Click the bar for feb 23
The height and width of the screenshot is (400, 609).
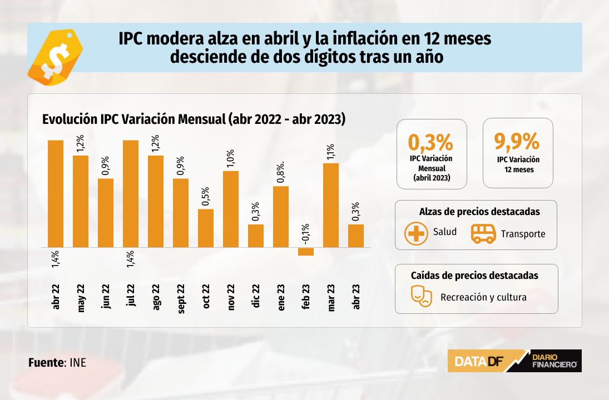[306, 252]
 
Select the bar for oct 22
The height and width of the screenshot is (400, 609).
[206, 228]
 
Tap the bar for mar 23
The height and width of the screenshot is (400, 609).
[331, 205]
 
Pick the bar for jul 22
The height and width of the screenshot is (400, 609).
[131, 194]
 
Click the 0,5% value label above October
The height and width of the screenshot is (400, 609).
[205, 196]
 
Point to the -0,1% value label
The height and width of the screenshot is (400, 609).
[306, 234]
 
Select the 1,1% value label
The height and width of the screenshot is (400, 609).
[330, 152]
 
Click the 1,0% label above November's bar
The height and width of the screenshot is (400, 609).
[231, 158]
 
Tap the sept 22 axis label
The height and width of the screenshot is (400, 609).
[181, 298]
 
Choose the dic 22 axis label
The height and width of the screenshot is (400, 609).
[256, 296]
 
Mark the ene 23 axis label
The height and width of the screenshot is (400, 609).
[281, 298]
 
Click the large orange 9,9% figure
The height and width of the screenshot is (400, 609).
[517, 141]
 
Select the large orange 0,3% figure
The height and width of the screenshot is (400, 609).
[430, 142]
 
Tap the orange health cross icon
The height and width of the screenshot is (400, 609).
[416, 233]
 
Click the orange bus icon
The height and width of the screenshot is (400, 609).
[483, 233]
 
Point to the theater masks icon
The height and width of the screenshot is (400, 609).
[422, 296]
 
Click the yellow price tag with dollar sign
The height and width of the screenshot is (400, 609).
[55, 57]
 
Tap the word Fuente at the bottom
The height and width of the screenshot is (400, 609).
[46, 363]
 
